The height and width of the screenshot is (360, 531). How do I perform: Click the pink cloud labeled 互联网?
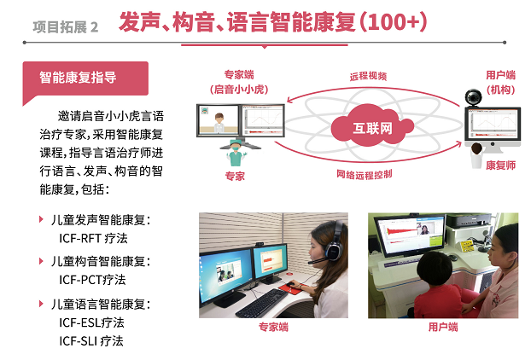click(x=372, y=126)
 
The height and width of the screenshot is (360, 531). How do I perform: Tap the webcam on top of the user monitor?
click(x=473, y=97)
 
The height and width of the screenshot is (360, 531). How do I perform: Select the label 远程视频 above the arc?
click(x=368, y=76)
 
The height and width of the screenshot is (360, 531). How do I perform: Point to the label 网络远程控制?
click(x=365, y=174)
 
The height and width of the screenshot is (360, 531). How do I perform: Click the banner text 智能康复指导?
click(x=78, y=78)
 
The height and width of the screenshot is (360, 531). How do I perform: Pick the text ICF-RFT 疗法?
click(x=93, y=238)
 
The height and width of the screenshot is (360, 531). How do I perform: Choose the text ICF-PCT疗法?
click(x=92, y=280)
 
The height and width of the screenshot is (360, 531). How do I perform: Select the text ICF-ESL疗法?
click(x=91, y=322)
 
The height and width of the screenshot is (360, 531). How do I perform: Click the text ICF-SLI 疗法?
click(x=91, y=340)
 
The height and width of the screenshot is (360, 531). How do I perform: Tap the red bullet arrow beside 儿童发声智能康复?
click(x=41, y=219)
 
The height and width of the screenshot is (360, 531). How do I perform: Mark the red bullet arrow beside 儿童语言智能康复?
click(x=41, y=304)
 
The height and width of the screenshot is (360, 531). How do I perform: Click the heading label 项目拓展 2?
click(x=66, y=27)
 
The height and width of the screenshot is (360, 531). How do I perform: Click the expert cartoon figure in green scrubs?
click(x=236, y=153)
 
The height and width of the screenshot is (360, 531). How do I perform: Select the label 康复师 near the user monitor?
click(x=501, y=165)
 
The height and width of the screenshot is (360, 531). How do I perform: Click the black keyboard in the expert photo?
click(x=262, y=303)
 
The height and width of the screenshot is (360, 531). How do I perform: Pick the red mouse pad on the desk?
click(x=290, y=288)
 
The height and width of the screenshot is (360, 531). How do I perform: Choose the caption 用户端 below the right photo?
click(x=443, y=327)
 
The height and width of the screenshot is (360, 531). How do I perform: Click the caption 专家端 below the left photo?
click(x=273, y=327)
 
